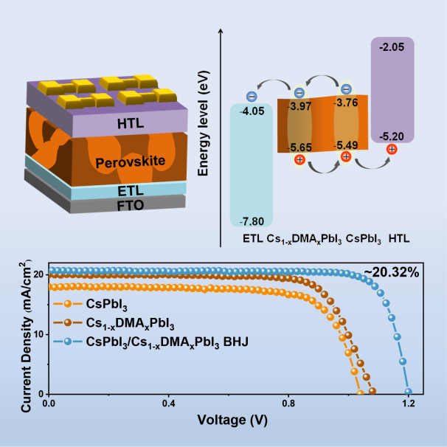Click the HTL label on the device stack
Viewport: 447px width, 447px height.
(131, 123)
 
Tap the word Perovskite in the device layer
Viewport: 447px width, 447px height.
(131, 162)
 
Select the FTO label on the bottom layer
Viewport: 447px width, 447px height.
(131, 205)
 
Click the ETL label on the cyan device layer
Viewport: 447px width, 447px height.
(131, 191)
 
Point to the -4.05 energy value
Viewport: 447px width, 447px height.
(252, 111)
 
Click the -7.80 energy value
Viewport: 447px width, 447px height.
(252, 221)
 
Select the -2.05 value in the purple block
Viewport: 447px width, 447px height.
(392, 47)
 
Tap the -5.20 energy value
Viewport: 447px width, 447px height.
(392, 136)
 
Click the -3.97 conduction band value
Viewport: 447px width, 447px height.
(299, 106)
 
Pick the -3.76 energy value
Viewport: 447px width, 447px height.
(346, 103)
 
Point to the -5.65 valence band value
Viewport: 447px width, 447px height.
(299, 148)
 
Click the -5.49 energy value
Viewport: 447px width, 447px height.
(346, 145)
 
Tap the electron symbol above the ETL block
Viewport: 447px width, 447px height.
(252, 97)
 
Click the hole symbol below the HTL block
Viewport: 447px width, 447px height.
(392, 149)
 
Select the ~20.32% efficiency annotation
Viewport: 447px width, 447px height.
(391, 272)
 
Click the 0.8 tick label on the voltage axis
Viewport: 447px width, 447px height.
(288, 403)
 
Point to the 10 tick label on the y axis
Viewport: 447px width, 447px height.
(39, 334)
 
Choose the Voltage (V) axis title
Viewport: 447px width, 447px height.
(232, 420)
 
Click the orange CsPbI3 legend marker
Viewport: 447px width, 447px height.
(68, 304)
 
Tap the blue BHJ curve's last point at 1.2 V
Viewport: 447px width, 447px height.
(408, 392)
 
